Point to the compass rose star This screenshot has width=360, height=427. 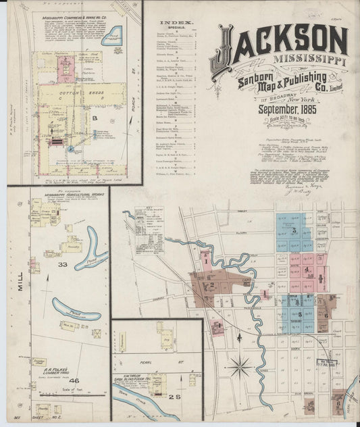(x=239, y=368)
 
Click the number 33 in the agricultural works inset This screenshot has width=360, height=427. (x=63, y=265)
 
